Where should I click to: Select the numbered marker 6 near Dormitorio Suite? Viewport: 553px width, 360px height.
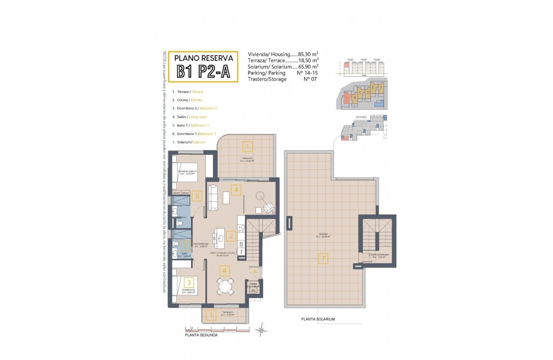[x=197, y=196]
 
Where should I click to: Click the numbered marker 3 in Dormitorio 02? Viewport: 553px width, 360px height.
[x=189, y=282]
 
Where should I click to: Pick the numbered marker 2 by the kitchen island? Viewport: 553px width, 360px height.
[x=231, y=235]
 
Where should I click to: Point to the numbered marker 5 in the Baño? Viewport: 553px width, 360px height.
[x=185, y=245]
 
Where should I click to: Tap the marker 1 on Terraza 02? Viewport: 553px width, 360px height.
[x=247, y=147]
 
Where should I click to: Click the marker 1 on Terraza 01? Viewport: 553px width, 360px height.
[x=210, y=316]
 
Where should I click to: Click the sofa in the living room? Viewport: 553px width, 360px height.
[x=213, y=197]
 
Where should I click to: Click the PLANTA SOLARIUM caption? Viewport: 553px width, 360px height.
[x=318, y=319]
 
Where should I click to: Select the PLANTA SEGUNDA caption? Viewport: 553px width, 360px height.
[x=201, y=335]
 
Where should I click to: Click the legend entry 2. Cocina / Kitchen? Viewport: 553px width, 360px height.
[x=187, y=100]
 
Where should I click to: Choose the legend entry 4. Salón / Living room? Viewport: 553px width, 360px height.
[x=189, y=117]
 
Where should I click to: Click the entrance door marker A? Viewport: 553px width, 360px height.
[x=254, y=271]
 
